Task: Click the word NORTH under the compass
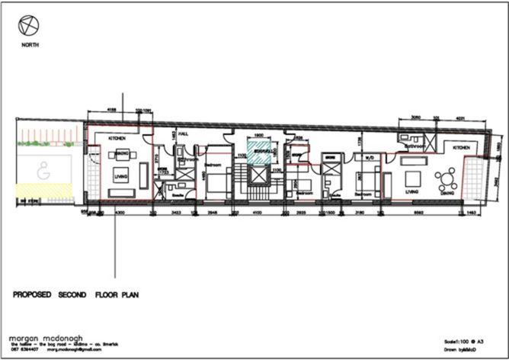(31, 45)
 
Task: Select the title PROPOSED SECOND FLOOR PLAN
(75, 294)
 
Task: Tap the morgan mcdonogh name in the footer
(46, 337)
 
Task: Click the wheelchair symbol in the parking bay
(43, 173)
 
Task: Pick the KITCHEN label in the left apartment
(117, 138)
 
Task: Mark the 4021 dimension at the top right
(460, 118)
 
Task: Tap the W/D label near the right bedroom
(369, 159)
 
